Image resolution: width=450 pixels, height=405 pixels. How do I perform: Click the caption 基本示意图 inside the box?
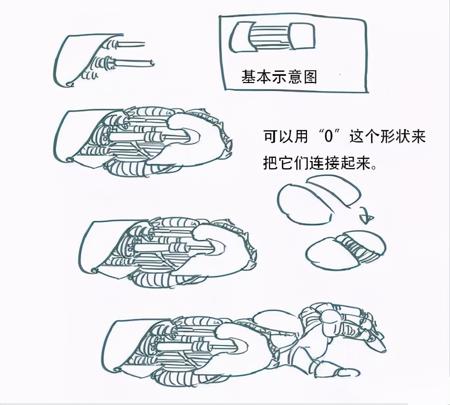[x=279, y=77]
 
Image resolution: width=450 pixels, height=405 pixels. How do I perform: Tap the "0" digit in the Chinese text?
[x=329, y=137]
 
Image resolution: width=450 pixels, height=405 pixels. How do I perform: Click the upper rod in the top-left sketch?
[x=131, y=45]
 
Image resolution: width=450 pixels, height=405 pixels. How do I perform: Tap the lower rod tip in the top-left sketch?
[x=152, y=62]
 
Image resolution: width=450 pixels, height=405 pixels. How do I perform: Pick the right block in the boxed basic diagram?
[x=303, y=36]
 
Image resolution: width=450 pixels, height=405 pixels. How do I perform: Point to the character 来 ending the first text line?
[x=418, y=137]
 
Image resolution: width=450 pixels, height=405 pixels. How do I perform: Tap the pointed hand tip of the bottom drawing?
[x=384, y=350]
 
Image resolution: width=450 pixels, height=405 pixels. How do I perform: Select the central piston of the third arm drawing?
[x=175, y=248]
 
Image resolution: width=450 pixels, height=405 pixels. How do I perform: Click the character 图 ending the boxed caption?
[x=310, y=77]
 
